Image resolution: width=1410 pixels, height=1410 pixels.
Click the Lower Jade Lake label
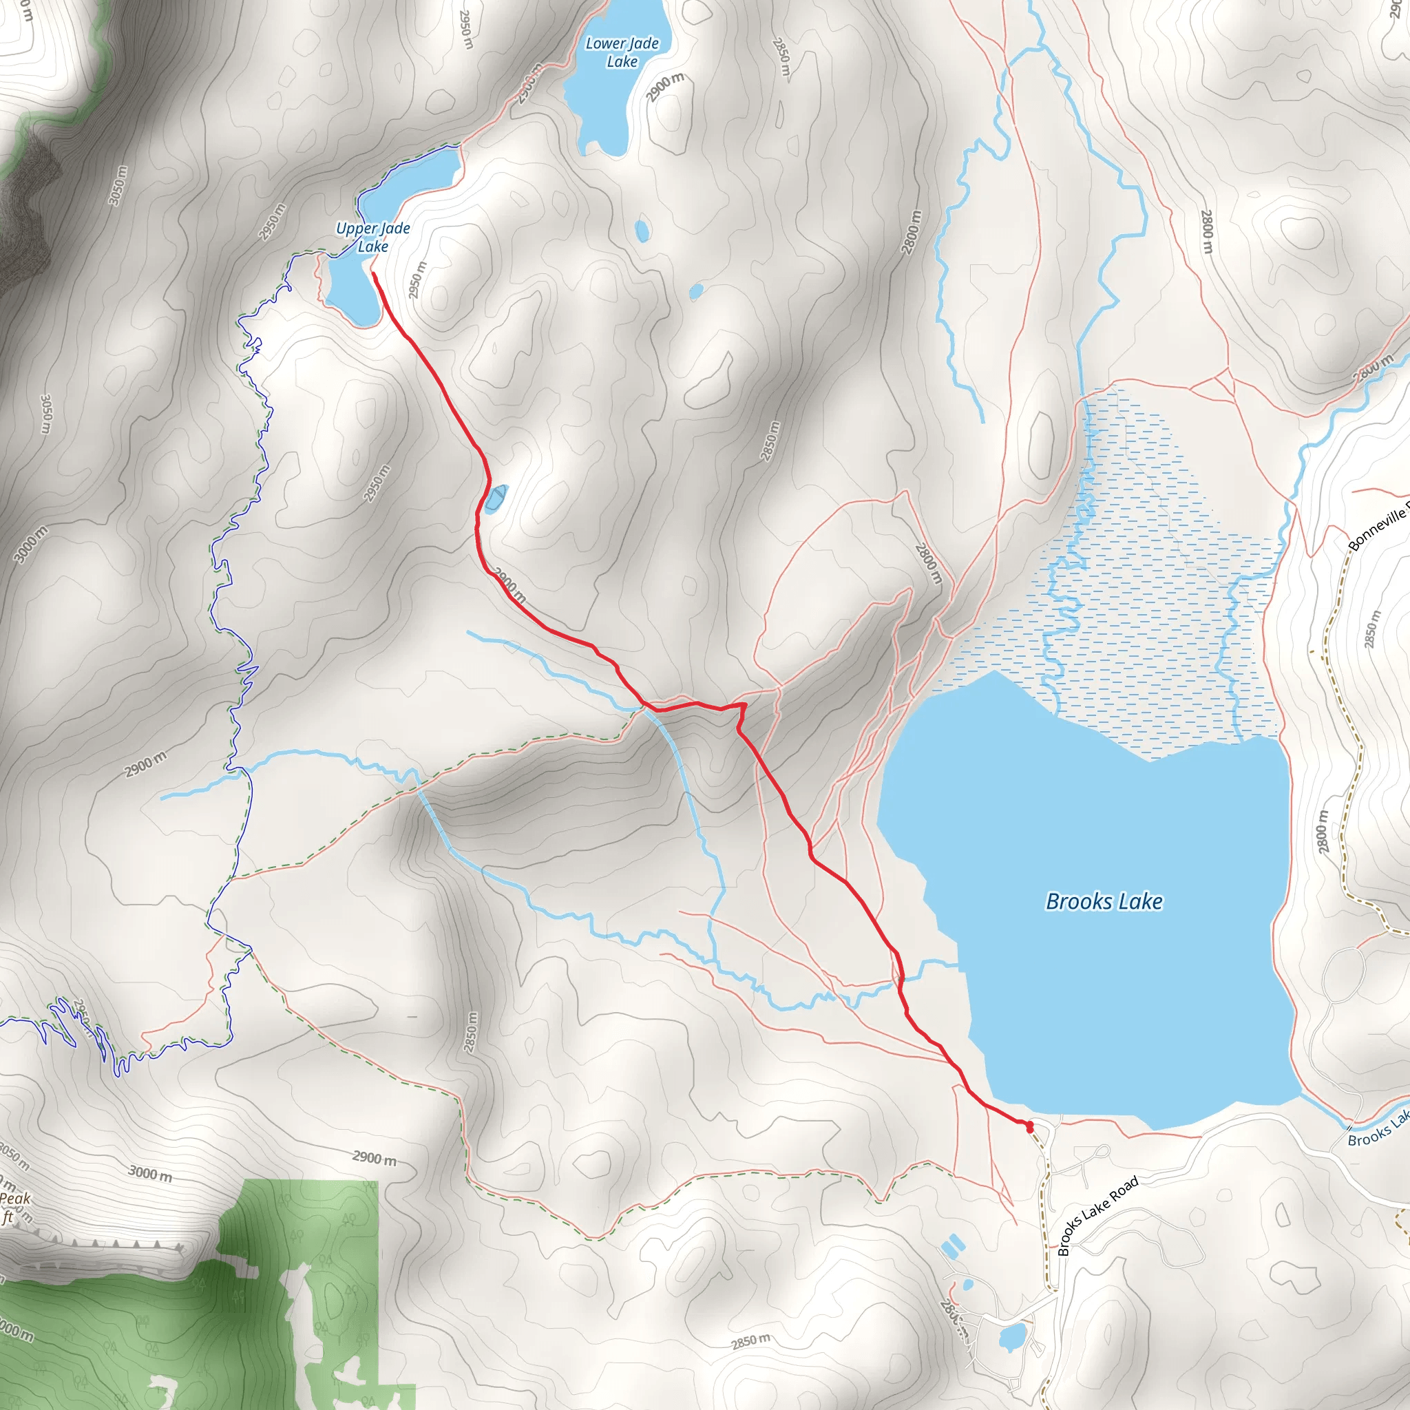coord(622,52)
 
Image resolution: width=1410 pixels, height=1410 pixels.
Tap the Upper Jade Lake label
coord(373,238)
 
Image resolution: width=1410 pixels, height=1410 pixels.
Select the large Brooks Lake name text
coord(1104,902)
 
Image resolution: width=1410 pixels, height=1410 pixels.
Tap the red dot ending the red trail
coord(1030,1128)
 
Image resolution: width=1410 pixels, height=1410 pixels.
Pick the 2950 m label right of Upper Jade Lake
coord(417,280)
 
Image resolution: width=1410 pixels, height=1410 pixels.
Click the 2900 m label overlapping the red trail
coord(510,585)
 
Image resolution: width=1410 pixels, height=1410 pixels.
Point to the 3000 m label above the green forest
coord(151,1174)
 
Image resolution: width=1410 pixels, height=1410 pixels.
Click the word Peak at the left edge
coord(14,1199)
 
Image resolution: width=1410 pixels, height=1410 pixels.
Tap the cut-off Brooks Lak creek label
coord(1378,1130)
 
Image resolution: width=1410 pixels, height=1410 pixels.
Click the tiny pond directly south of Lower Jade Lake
coord(642,231)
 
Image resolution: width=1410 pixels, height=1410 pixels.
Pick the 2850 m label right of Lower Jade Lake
coord(781,57)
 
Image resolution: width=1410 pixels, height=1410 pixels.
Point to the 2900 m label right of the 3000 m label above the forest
coord(375,1158)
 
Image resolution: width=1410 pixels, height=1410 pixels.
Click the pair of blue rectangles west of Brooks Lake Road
coord(952,1245)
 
